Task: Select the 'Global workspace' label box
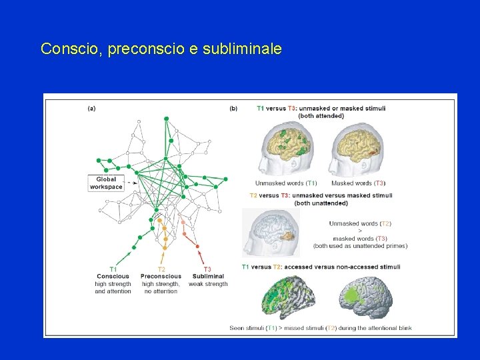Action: coord(106,183)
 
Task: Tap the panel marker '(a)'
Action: coord(91,107)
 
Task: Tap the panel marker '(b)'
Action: coord(233,107)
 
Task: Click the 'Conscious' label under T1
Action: coord(113,276)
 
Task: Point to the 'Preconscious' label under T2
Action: coord(161,276)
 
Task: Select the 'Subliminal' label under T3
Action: coord(208,276)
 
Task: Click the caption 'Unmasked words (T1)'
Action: coord(286,183)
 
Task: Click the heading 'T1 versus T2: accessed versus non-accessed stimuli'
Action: coord(321,267)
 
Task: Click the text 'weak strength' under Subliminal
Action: coord(208,284)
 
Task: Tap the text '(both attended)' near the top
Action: coord(321,115)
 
